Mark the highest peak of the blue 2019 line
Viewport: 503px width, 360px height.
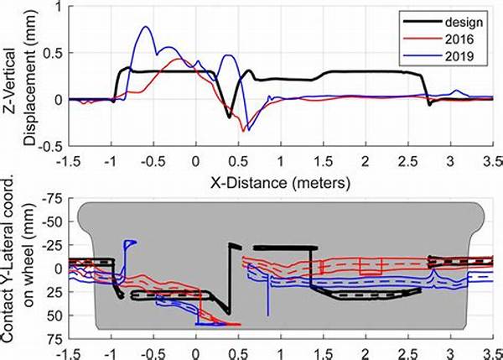tap(147, 27)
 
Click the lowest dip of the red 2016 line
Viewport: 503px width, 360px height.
tap(243, 132)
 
